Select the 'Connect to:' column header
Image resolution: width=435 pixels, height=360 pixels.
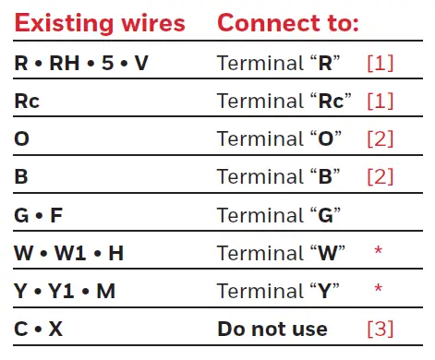[288, 23]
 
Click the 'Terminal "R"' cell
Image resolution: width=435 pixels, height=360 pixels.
[279, 64]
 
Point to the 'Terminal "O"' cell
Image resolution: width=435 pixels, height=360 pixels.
[280, 139]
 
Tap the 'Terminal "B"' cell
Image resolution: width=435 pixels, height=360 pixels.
[279, 177]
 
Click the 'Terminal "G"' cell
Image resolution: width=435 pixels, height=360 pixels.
[280, 215]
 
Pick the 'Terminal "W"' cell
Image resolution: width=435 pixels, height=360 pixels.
[283, 253]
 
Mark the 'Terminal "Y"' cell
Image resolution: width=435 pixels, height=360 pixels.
[279, 291]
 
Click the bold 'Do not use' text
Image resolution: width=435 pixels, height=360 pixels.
[272, 329]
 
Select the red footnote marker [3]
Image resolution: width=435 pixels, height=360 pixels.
[380, 329]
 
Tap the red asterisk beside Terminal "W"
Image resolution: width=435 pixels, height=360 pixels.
[378, 251]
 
